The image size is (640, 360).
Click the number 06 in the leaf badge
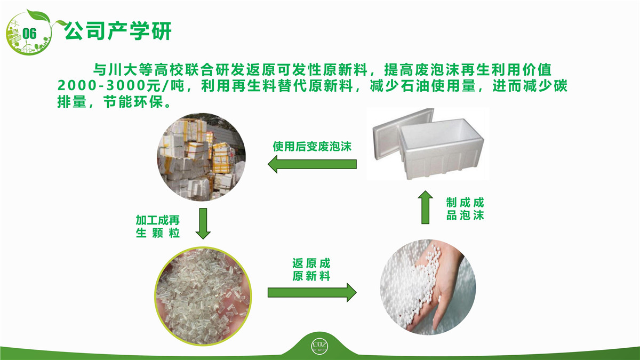29,34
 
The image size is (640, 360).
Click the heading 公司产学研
117,31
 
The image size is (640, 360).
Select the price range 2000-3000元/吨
121,86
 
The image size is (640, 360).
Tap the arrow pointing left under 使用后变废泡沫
312,164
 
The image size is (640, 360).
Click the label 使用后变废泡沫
312,146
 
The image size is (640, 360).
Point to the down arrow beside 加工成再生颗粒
203,223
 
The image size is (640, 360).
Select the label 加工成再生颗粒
158,227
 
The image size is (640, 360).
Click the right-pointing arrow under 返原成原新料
312,293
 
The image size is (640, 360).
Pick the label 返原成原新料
311,270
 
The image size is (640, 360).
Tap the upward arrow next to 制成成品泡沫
426,207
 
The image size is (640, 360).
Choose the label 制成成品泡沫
465,209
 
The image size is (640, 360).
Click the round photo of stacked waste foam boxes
201,157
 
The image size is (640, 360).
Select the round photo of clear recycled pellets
203,296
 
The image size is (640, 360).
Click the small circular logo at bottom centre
319,347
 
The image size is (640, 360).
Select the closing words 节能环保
133,102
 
